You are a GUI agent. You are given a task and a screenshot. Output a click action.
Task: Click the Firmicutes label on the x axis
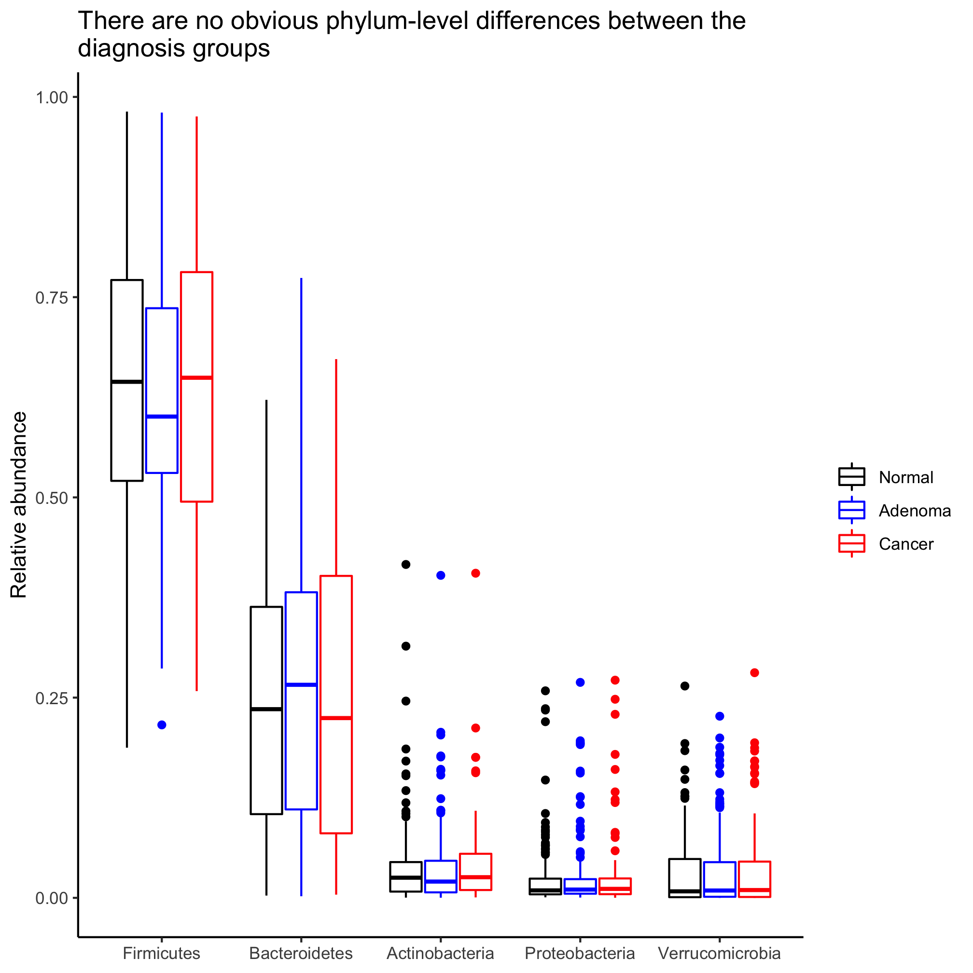pyautogui.click(x=161, y=953)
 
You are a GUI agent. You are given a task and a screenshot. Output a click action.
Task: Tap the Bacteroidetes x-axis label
pyautogui.click(x=301, y=953)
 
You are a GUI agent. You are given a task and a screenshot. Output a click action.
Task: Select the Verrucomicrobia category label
pyautogui.click(x=719, y=953)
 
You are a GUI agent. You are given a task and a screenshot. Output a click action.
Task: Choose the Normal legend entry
pyautogui.click(x=905, y=477)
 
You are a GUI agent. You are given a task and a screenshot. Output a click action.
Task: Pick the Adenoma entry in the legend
pyautogui.click(x=914, y=511)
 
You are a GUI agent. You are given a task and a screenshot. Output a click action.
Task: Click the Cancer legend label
pyautogui.click(x=905, y=544)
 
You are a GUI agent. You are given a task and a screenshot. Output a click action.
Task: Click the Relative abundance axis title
pyautogui.click(x=19, y=505)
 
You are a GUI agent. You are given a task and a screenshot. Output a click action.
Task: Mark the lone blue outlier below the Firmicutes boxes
pyautogui.click(x=162, y=725)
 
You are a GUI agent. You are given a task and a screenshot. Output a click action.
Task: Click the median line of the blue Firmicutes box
pyautogui.click(x=162, y=417)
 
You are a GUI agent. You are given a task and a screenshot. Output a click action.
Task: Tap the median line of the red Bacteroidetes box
pyautogui.click(x=336, y=718)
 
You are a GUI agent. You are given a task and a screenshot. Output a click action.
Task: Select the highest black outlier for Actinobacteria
pyautogui.click(x=405, y=564)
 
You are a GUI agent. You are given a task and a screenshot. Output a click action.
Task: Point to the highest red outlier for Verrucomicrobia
pyautogui.click(x=754, y=673)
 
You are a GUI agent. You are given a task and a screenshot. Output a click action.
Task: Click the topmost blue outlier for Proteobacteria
pyautogui.click(x=580, y=682)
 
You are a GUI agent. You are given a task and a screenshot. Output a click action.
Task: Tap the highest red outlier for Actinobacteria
pyautogui.click(x=475, y=573)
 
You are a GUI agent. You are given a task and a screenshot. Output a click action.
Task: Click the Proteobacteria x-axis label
pyautogui.click(x=580, y=953)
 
